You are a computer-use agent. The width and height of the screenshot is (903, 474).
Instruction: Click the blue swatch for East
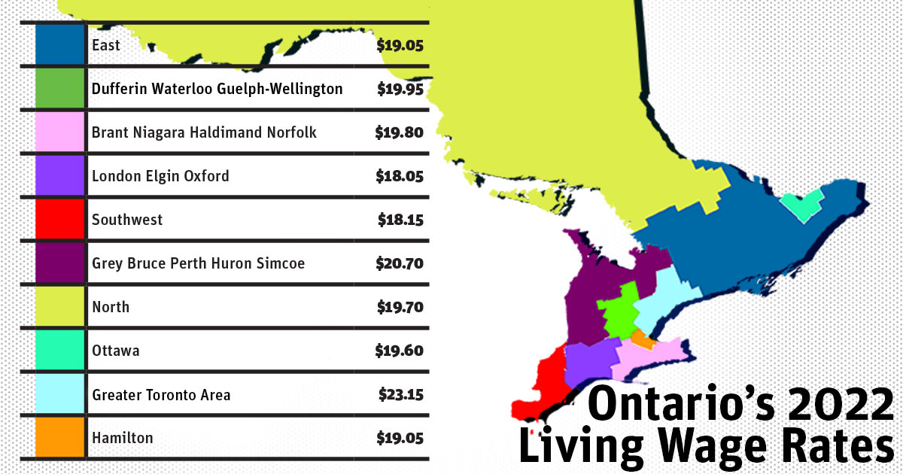[59, 45]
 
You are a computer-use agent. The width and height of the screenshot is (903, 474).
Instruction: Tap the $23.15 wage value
[400, 394]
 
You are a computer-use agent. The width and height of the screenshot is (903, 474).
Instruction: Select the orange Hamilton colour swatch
[59, 438]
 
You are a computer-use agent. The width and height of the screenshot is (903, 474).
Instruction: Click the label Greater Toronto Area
[161, 394]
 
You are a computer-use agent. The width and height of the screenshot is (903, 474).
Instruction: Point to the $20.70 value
[400, 263]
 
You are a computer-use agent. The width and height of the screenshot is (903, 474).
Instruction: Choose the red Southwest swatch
[59, 220]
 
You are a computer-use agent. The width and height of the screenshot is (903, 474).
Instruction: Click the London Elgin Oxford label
[160, 176]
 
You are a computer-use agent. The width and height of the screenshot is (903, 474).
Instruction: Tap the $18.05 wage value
[400, 176]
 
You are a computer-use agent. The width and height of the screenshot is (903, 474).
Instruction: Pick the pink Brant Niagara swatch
[59, 132]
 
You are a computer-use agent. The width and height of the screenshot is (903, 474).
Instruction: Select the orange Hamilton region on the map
[642, 339]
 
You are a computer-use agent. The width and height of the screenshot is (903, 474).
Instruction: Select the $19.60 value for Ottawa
[400, 351]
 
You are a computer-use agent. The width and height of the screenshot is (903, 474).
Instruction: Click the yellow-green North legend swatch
[59, 307]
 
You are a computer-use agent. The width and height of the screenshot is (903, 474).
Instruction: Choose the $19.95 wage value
[400, 89]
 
